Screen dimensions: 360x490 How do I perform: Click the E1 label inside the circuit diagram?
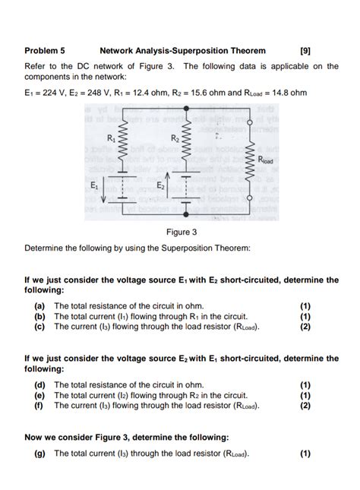click(94, 185)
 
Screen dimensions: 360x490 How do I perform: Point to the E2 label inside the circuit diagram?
click(161, 185)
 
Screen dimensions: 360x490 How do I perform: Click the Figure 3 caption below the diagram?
click(181, 232)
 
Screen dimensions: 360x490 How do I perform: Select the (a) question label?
click(38, 307)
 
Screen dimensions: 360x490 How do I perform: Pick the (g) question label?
click(38, 454)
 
